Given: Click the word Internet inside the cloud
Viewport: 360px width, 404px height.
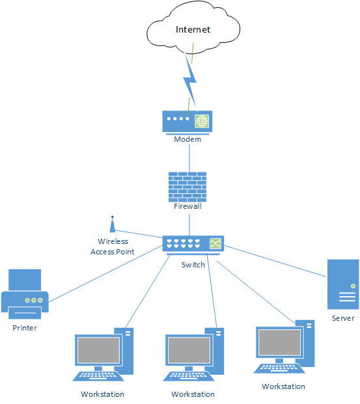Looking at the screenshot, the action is [x=193, y=29].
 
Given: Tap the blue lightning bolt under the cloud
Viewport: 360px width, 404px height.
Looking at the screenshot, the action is [x=190, y=81].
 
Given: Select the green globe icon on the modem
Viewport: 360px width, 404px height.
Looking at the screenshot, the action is [x=202, y=121].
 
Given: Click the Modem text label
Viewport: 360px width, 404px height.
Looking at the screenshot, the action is [x=187, y=139].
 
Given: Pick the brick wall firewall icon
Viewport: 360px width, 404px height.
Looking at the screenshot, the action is [x=187, y=187].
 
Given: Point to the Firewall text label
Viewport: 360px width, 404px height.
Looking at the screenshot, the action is [x=187, y=206].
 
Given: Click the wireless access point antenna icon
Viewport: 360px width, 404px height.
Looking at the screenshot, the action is [x=113, y=224].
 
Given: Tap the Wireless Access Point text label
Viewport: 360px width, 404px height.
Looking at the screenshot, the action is [x=113, y=247].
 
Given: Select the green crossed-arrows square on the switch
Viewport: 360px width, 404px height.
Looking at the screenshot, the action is [x=215, y=243].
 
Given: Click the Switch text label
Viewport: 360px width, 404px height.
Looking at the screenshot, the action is [x=193, y=265].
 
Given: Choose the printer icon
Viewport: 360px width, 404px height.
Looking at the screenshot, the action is [x=25, y=294].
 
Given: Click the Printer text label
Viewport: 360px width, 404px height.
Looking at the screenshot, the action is [x=25, y=328].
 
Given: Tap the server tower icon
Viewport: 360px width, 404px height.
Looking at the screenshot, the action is [x=343, y=284].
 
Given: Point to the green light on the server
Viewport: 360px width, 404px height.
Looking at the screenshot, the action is [x=353, y=286].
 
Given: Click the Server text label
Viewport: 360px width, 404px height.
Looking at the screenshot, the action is [x=343, y=319].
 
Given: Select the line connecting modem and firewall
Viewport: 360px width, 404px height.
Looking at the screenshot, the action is [x=189, y=158].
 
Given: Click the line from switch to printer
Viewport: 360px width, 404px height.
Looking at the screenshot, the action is [x=105, y=274].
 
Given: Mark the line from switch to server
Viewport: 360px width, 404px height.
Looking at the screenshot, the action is [x=275, y=262].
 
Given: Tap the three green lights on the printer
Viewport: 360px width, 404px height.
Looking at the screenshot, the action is [x=34, y=300].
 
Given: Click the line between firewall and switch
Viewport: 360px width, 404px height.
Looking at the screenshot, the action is [x=189, y=225].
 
